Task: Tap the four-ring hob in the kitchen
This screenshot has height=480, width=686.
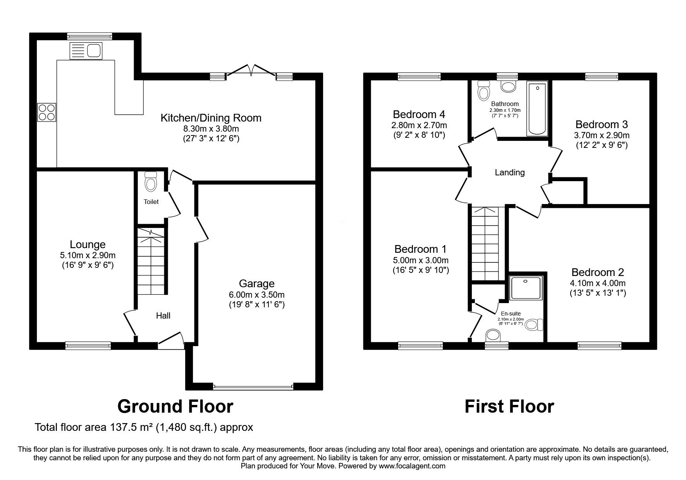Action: point(46,113)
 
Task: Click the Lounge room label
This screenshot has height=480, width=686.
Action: point(88,245)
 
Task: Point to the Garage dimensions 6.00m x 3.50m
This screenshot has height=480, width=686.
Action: point(256,295)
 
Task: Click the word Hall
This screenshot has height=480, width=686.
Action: point(163,316)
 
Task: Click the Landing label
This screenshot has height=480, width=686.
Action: point(510,173)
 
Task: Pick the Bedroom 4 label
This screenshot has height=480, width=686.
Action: point(419,114)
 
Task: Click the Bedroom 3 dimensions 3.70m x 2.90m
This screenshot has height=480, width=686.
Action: point(601,135)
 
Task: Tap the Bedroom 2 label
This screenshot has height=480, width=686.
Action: point(597,272)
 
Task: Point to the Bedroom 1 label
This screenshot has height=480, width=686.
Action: point(420,249)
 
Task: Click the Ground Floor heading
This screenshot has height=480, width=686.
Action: point(175,407)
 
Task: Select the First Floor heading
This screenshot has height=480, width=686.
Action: point(509,407)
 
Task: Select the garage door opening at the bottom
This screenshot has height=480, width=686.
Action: point(253,386)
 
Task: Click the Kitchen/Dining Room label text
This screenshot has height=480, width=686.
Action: point(211,118)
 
